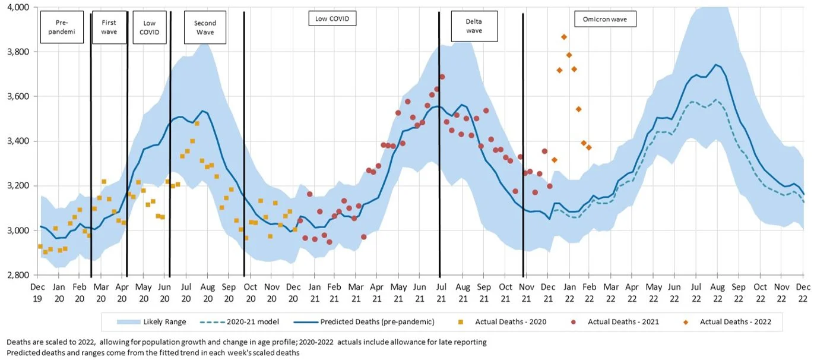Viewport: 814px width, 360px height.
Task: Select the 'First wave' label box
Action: point(109,27)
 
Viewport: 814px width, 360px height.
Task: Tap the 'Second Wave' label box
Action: point(205,27)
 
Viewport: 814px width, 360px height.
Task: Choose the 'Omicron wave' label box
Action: point(605,19)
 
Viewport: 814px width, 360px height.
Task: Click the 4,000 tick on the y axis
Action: point(18,7)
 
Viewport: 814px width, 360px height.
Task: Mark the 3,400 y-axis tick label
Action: point(18,141)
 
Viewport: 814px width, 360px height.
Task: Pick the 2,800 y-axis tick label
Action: point(18,275)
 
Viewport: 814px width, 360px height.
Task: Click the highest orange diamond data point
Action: point(564,37)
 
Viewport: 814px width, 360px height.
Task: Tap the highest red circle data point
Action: point(442,77)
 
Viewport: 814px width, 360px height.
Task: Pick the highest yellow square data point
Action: point(197,124)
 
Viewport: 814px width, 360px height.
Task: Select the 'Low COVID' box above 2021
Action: point(332,19)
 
